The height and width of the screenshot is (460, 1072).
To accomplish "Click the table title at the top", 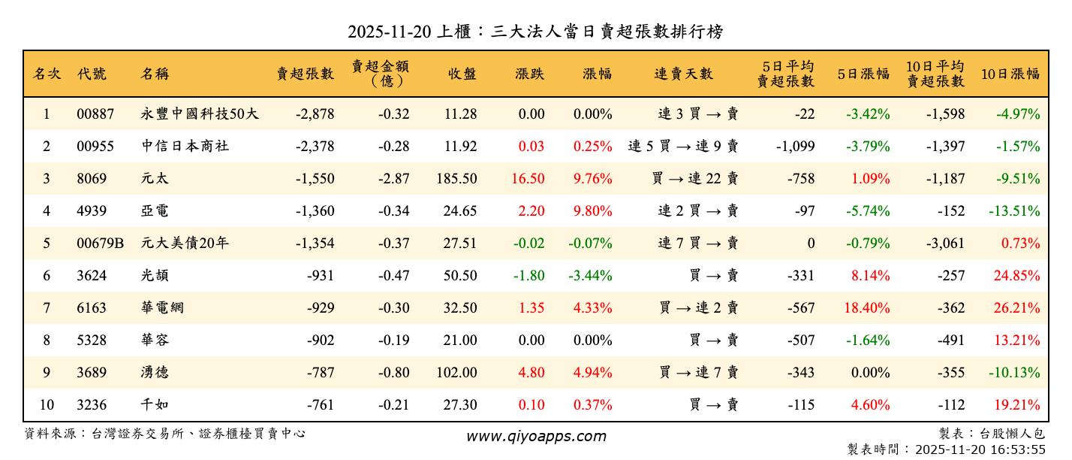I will [x=535, y=32].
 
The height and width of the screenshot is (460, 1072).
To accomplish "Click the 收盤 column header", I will [x=462, y=74].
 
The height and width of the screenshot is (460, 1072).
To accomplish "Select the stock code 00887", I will [x=95, y=114].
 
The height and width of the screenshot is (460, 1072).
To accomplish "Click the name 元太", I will [x=155, y=179].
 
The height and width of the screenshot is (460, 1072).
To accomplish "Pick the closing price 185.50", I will [x=456, y=179].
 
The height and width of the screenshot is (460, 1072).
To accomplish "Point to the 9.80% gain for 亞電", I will [x=592, y=211].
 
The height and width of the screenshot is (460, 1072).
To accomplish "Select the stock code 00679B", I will [x=100, y=244].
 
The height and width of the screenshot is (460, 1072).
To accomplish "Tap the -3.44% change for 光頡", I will [x=590, y=276].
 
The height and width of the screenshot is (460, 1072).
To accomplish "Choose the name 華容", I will [x=155, y=340].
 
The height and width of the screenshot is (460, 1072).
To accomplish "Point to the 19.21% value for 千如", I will [x=1017, y=405].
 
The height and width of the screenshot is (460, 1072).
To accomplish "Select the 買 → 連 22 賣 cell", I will [x=695, y=179].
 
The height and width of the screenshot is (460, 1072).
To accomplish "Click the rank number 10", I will [x=47, y=405].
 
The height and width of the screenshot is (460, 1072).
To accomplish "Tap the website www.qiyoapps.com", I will [x=536, y=436].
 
